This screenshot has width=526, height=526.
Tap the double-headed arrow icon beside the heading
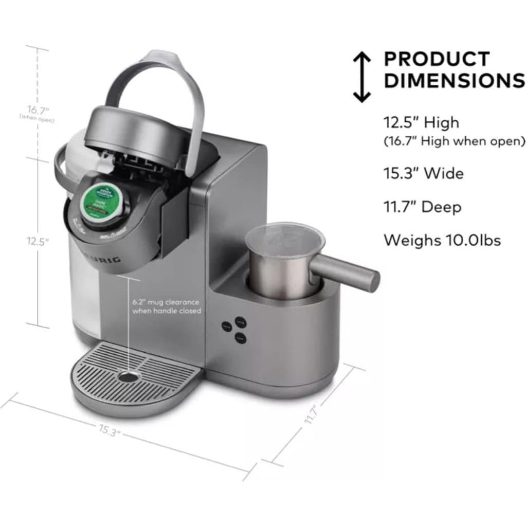pos(361,77)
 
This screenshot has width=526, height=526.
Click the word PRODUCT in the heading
pos(437,59)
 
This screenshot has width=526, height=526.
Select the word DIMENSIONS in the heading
pos(454,81)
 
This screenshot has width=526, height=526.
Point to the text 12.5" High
pos(421,123)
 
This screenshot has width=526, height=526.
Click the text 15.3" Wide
pos(423,173)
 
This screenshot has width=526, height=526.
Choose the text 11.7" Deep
pos(422,207)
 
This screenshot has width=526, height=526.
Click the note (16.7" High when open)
pos(455,141)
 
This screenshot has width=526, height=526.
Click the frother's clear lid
pos(284,238)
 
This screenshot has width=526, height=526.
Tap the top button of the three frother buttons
pos(241,321)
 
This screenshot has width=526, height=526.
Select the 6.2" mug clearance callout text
pos(166,306)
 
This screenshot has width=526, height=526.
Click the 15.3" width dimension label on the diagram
pos(108,429)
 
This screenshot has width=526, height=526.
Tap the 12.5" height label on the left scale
pos(38,242)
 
